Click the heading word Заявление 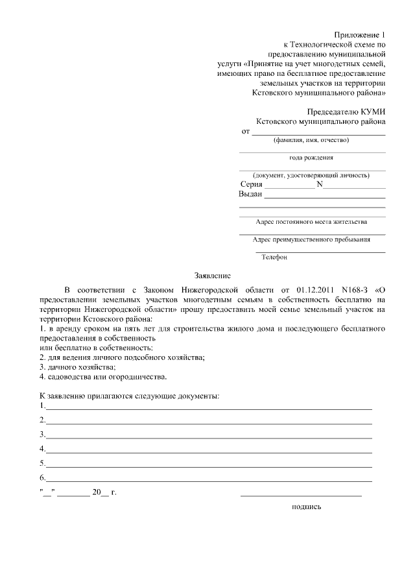[x=213, y=275]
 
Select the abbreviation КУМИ [x=370, y=111]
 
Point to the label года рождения [x=312, y=158]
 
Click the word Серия [x=251, y=184]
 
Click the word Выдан [x=250, y=194]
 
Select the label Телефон [x=274, y=257]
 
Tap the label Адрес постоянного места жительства [x=311, y=222]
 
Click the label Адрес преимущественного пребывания [x=312, y=239]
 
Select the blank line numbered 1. [x=207, y=409]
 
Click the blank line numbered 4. [x=207, y=452]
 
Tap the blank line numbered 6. [x=207, y=481]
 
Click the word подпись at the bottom [x=307, y=507]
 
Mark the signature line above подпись [x=301, y=496]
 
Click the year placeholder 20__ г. [x=104, y=492]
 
